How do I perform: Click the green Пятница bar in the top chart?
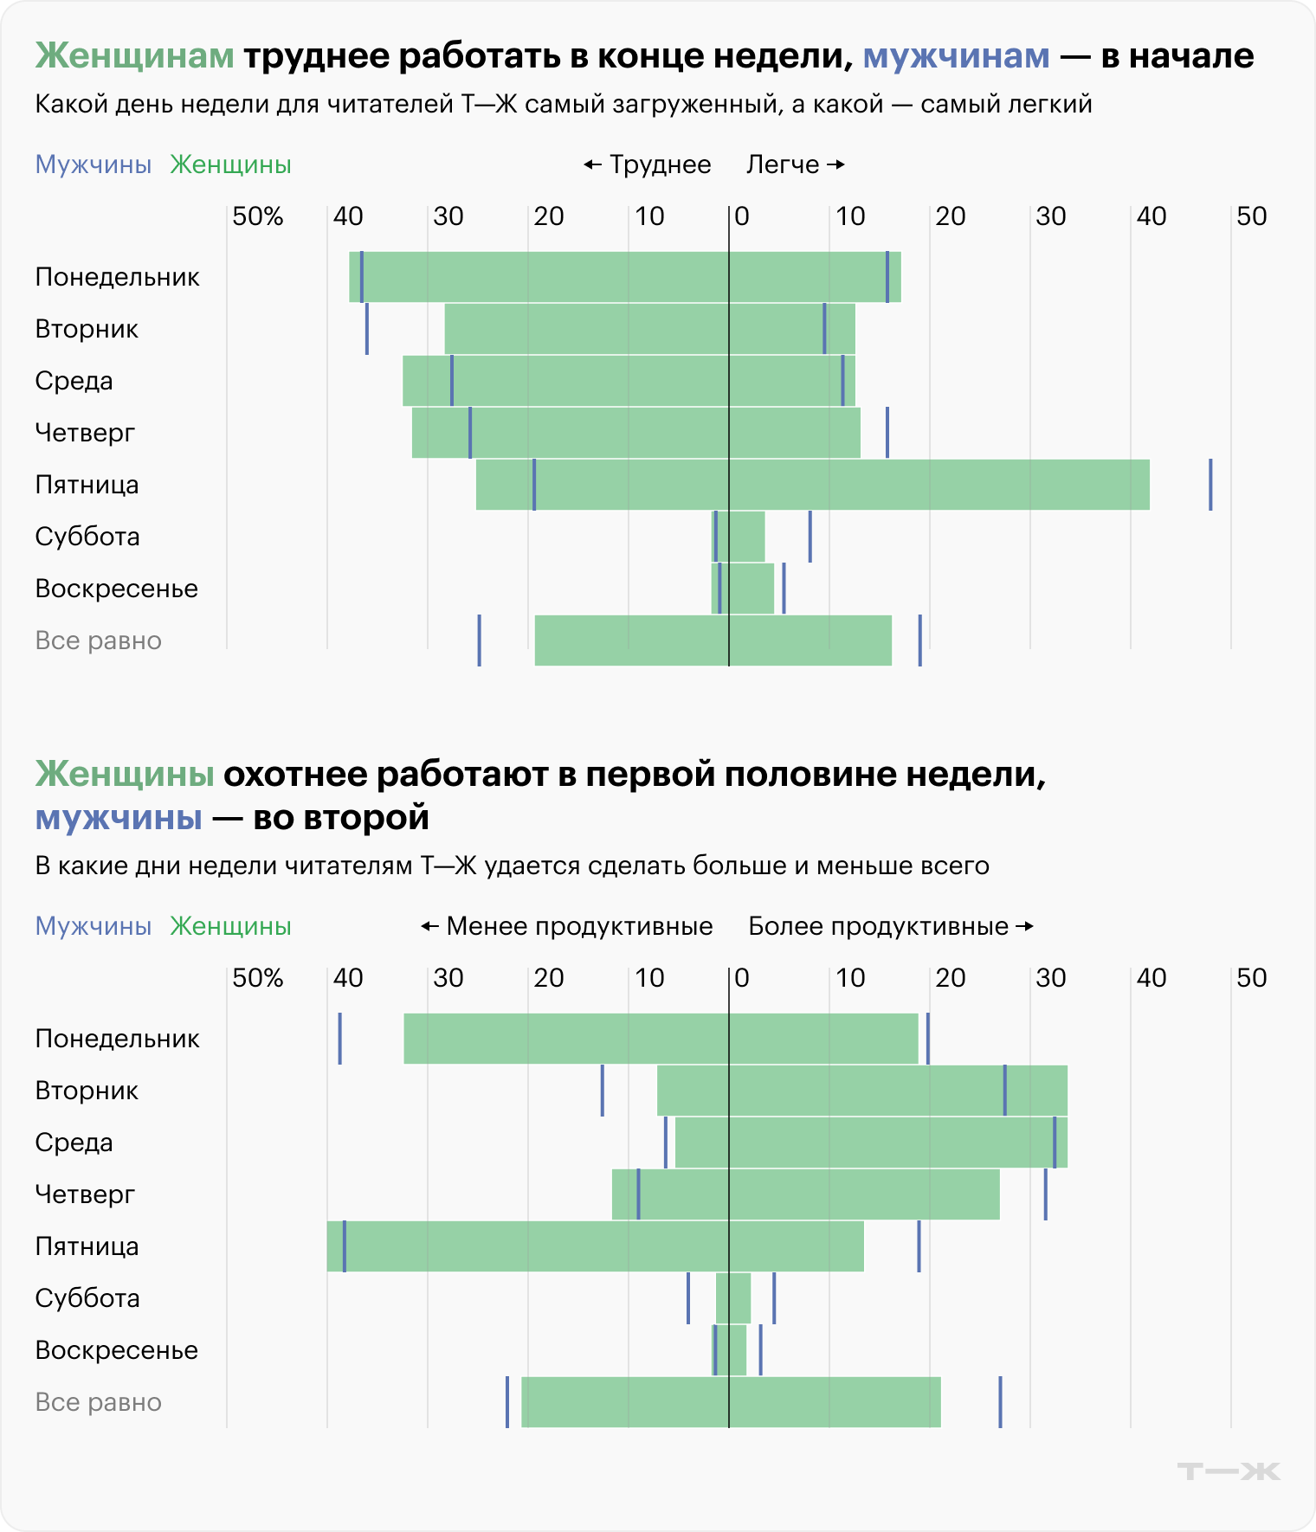pyautogui.click(x=812, y=485)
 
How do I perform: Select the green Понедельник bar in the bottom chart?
pyautogui.click(x=660, y=1039)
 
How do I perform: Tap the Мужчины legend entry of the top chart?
pyautogui.click(x=94, y=164)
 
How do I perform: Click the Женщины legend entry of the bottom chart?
pyautogui.click(x=230, y=926)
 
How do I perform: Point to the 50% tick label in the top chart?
pyautogui.click(x=258, y=216)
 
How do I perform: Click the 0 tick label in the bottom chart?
pyautogui.click(x=742, y=978)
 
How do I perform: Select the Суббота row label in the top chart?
pyautogui.click(x=87, y=537)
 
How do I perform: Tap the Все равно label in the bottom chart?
pyautogui.click(x=99, y=1402)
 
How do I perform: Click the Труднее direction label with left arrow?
pyautogui.click(x=648, y=164)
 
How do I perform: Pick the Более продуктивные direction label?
pyautogui.click(x=890, y=926)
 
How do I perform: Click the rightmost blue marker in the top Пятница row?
pyautogui.click(x=1210, y=485)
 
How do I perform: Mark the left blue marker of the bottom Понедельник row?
pyautogui.click(x=339, y=1039)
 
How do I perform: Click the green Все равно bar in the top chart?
pyautogui.click(x=713, y=640)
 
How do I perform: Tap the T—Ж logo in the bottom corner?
pyautogui.click(x=1229, y=1471)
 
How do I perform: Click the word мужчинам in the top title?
pyautogui.click(x=957, y=55)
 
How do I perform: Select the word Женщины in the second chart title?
pyautogui.click(x=125, y=774)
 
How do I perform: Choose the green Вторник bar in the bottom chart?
pyautogui.click(x=861, y=1091)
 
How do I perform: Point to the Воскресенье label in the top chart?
pyautogui.click(x=117, y=589)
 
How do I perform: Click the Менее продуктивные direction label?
pyautogui.click(x=567, y=926)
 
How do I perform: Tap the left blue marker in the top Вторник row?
pyautogui.click(x=367, y=329)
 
